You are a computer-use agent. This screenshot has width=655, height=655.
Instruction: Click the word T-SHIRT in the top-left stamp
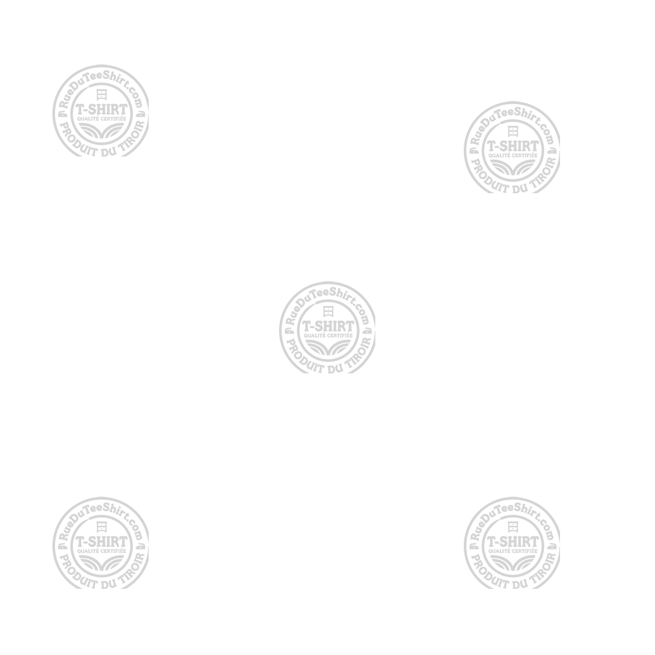102,108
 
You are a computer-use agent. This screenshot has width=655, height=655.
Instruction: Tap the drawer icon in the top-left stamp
102,94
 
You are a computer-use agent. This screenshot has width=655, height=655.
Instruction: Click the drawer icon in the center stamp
327,310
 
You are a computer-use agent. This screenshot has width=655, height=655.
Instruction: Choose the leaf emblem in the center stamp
327,345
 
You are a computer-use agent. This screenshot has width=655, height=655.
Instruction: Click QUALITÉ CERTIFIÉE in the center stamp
327,335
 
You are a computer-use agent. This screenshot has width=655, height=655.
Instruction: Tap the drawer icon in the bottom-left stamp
102,527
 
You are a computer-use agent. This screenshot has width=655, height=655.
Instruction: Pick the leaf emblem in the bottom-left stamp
102,562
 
